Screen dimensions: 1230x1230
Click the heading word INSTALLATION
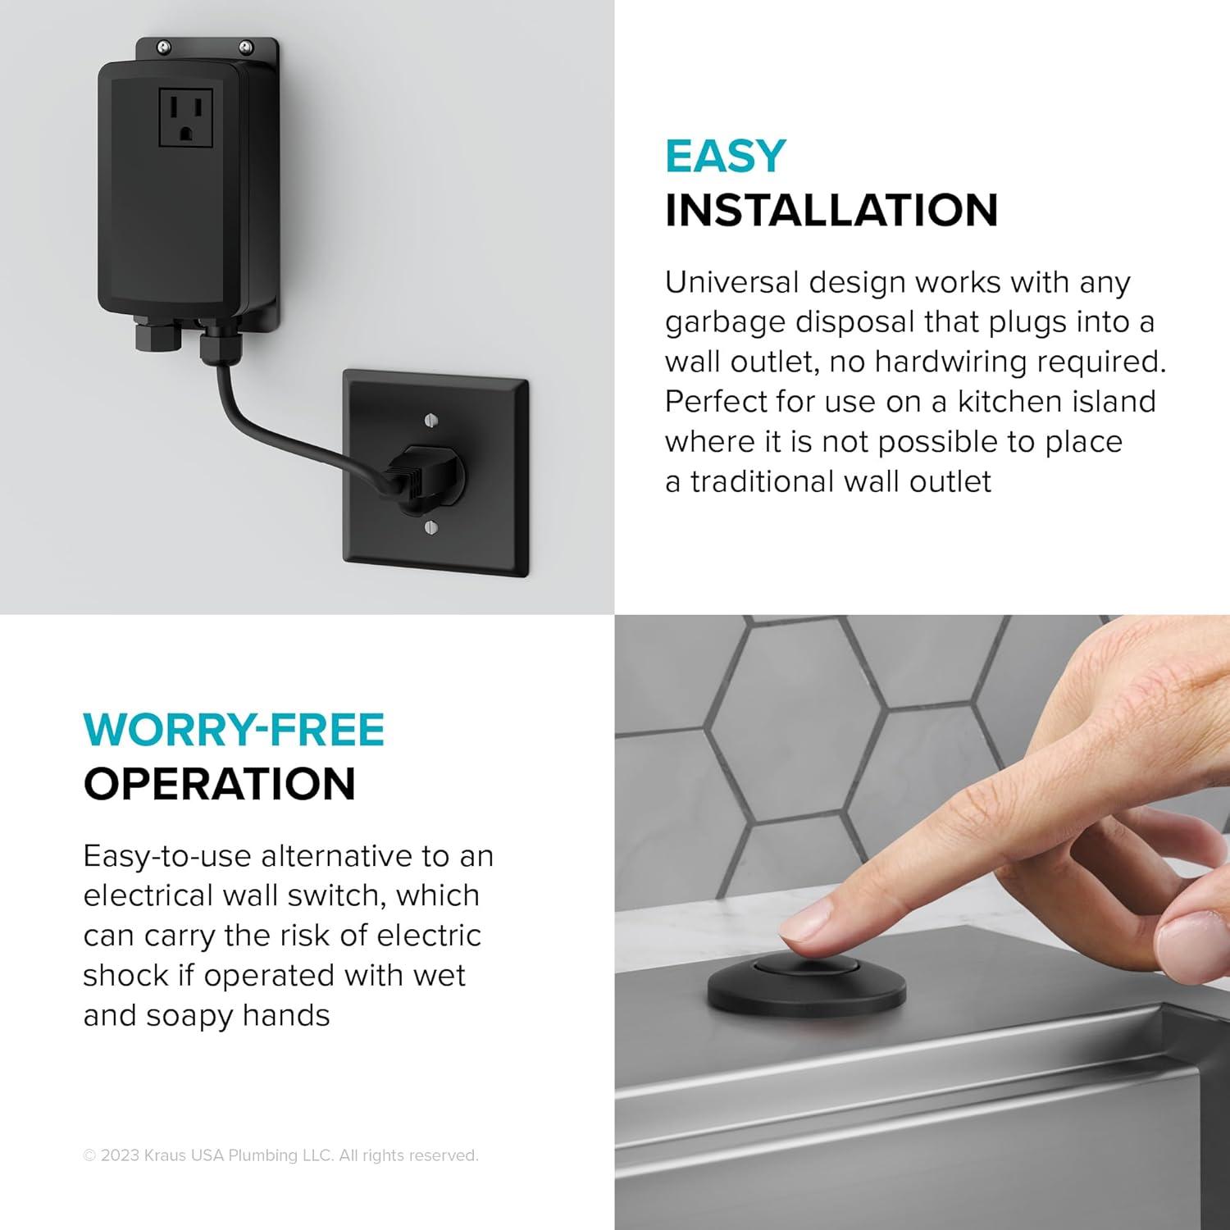point(831,210)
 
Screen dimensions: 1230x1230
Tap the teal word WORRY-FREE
point(234,730)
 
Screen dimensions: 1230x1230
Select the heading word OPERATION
point(220,784)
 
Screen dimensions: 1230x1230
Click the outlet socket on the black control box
point(185,117)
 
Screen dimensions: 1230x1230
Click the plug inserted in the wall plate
point(426,473)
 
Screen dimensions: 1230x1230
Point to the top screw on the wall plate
point(433,421)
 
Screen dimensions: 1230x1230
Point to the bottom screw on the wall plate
point(430,526)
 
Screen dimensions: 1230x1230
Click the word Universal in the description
point(732,282)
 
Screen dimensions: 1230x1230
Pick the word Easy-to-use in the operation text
point(167,856)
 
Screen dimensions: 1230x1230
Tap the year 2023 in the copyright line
point(119,1155)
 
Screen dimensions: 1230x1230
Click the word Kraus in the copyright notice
point(164,1155)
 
